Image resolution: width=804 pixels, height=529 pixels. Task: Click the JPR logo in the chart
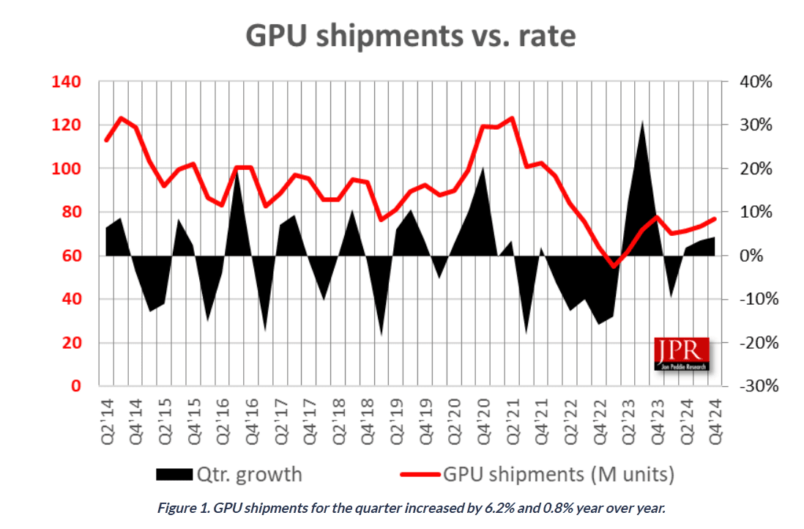pyautogui.click(x=682, y=354)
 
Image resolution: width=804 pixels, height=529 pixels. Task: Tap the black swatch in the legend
pyautogui.click(x=174, y=474)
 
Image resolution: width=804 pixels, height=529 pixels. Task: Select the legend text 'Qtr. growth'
pyautogui.click(x=248, y=474)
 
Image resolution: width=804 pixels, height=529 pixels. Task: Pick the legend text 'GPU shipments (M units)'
pyautogui.click(x=557, y=474)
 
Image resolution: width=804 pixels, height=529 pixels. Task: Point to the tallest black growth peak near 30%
pyautogui.click(x=642, y=123)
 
